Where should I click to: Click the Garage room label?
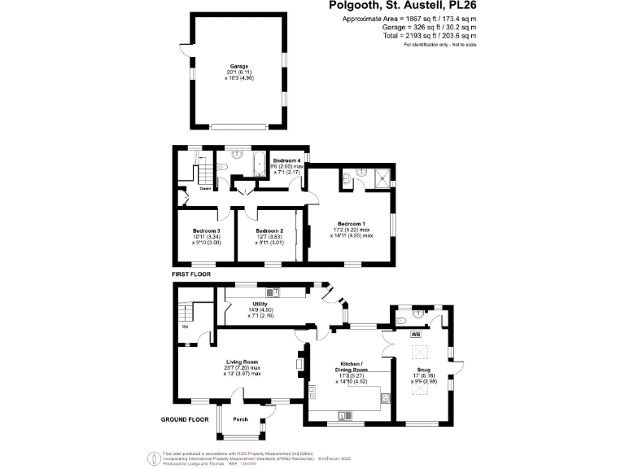238,66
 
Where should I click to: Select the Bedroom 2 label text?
269,231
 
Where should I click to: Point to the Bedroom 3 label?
206,231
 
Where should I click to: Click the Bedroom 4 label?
287,160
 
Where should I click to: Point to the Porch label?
240,419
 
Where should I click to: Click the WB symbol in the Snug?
415,335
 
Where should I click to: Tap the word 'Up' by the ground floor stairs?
184,327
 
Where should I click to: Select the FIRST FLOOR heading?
191,275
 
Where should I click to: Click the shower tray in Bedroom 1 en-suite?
379,177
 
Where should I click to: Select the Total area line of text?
420,36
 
